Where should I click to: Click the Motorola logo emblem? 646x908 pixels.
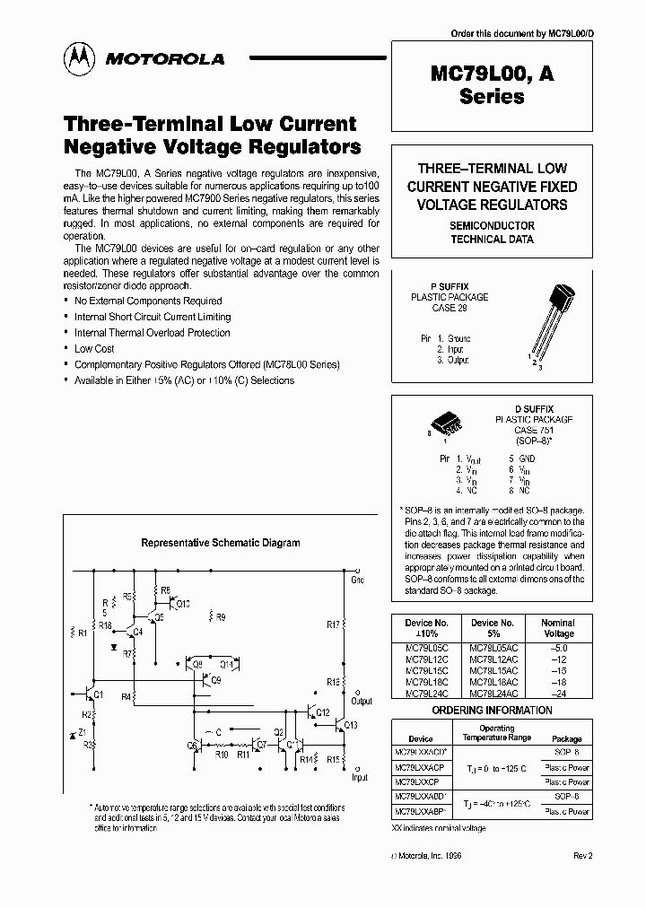77,58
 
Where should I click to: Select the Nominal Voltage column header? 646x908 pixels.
557,627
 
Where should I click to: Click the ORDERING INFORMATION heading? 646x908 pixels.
492,710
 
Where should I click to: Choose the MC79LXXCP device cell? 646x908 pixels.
420,782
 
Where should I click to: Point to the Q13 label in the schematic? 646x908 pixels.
350,725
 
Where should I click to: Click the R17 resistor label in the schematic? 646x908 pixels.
332,624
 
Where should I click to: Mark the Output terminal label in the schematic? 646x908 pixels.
362,702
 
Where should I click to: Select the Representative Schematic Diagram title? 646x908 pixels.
221,542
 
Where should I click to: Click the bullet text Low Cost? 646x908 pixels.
94,348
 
